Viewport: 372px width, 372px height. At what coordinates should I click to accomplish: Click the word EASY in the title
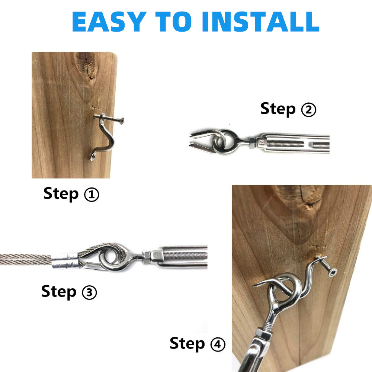click(x=109, y=22)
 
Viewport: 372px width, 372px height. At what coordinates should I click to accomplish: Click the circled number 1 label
click(x=92, y=195)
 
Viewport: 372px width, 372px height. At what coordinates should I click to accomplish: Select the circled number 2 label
click(x=309, y=110)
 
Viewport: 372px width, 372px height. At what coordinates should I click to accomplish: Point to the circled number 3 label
click(x=89, y=292)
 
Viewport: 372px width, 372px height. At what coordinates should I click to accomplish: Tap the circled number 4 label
click(x=218, y=344)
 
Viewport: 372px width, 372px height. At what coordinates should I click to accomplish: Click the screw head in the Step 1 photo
click(x=121, y=121)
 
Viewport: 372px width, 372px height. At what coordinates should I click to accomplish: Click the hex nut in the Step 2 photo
click(x=252, y=142)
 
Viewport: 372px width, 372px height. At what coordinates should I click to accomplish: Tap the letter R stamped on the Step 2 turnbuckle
click(x=262, y=142)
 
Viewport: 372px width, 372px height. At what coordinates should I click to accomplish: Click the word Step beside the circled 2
click(x=278, y=109)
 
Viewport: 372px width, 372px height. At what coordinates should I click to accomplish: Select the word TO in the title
click(x=173, y=22)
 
